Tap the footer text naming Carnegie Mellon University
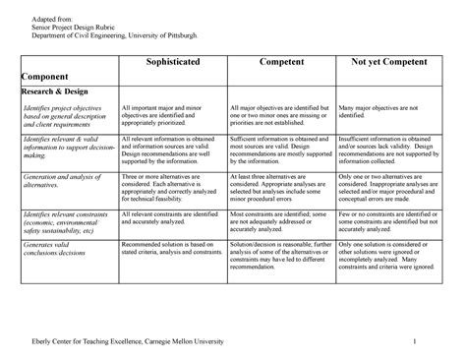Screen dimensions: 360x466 128,340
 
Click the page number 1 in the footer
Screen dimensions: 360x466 417,340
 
